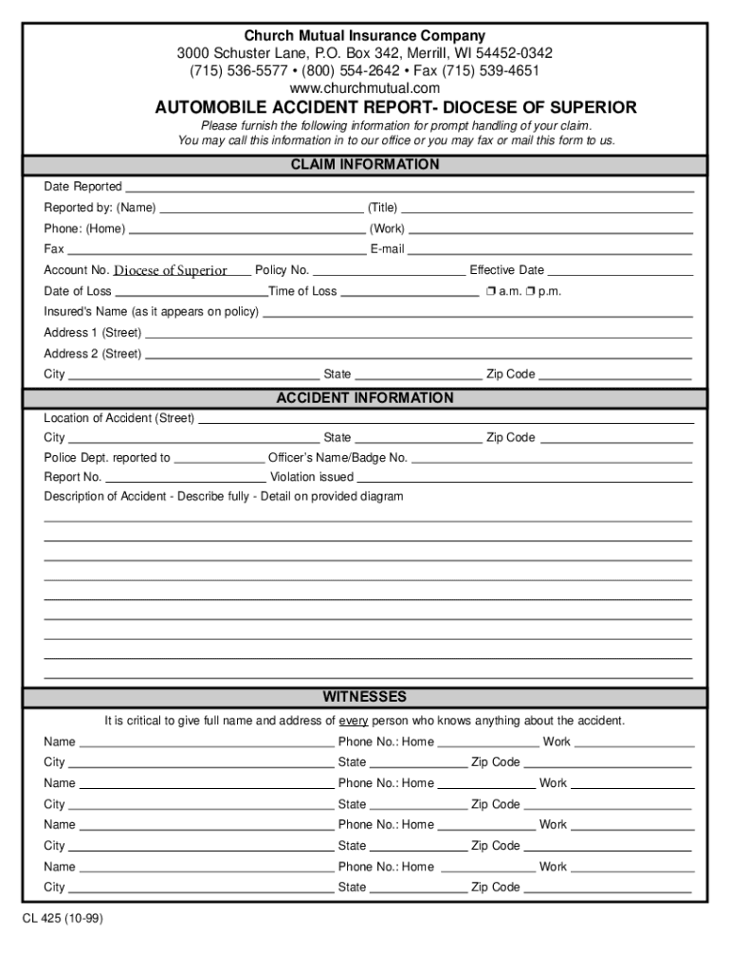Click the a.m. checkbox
489,291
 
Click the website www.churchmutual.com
365,88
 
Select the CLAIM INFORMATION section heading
365,165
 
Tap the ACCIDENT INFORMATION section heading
365,398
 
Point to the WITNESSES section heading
365,697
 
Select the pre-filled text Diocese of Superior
171,270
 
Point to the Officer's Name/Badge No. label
338,458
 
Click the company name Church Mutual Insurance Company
365,36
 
